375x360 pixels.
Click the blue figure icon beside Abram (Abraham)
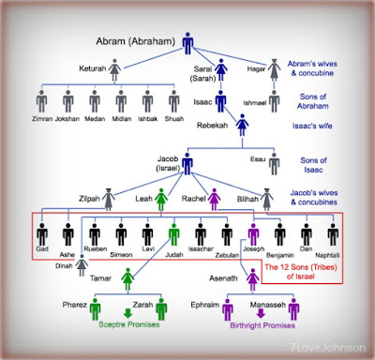click(187, 42)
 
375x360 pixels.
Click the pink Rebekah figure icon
click(241, 124)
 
